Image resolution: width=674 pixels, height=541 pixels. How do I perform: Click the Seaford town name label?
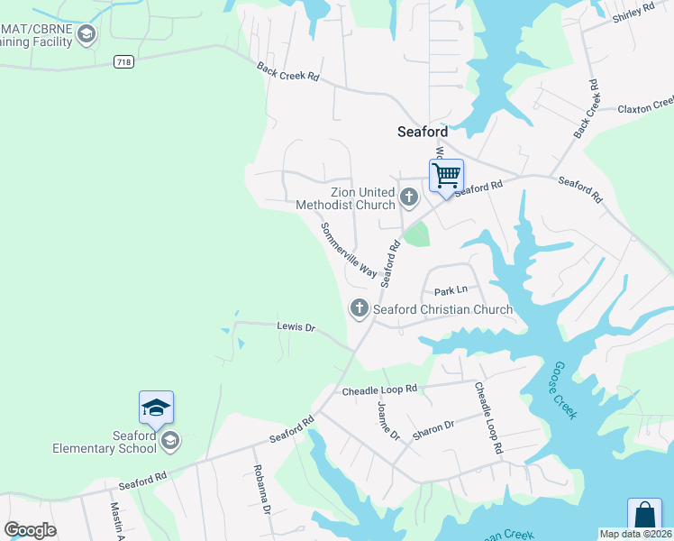[x=423, y=131]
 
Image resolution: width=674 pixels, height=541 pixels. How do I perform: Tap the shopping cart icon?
[x=446, y=174]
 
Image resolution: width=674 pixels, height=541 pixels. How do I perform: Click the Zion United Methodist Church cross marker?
[x=409, y=197]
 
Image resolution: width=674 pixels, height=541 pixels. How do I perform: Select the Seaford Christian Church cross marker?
[x=360, y=309]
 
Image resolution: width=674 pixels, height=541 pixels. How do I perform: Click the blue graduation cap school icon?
[x=156, y=408]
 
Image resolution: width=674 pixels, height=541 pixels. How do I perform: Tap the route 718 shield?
[x=125, y=61]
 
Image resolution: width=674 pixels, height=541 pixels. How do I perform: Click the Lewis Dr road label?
[x=296, y=328]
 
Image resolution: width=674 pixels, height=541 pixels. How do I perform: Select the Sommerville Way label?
[x=349, y=249]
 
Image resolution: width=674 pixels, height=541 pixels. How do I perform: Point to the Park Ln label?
[x=451, y=291]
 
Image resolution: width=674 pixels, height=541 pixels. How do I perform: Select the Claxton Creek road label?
[x=645, y=107]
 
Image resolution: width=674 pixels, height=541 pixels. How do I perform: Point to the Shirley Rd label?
[x=633, y=13]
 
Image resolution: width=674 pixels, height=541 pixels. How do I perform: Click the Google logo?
[x=30, y=529]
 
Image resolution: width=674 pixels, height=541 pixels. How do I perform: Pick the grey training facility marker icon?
[x=87, y=35]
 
